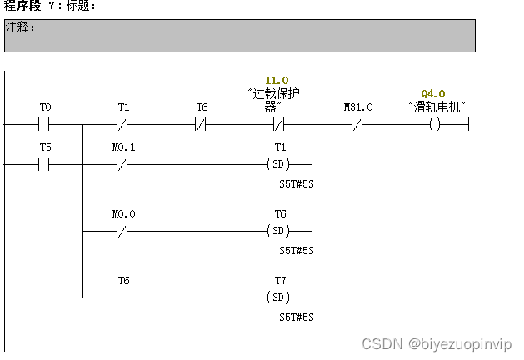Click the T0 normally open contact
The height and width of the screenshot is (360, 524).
coord(44,124)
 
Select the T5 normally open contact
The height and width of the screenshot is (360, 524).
coord(44,164)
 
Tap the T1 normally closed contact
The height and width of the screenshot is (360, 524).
coord(122,124)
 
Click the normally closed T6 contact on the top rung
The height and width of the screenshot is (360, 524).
coord(201,124)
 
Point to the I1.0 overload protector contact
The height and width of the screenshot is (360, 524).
coord(279,124)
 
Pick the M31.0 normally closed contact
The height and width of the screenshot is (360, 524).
coord(357,124)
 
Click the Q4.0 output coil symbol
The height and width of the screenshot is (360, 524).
coord(435,124)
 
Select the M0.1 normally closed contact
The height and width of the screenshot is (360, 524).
coord(122,164)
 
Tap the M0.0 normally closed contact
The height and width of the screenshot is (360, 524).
coord(122,231)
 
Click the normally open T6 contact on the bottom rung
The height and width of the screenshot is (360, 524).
coord(122,297)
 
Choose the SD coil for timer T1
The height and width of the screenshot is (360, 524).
coord(278,164)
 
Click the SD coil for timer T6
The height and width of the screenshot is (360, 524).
coord(278,231)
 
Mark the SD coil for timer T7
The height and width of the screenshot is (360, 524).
coord(278,297)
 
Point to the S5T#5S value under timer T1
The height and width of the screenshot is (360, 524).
coord(297,184)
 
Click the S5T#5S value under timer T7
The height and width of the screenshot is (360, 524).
coord(297,317)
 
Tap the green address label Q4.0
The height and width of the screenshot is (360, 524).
coord(433,93)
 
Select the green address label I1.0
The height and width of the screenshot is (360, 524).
coord(277,81)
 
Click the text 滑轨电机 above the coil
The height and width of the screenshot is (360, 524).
coord(437,107)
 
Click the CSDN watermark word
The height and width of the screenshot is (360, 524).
coord(382,343)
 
